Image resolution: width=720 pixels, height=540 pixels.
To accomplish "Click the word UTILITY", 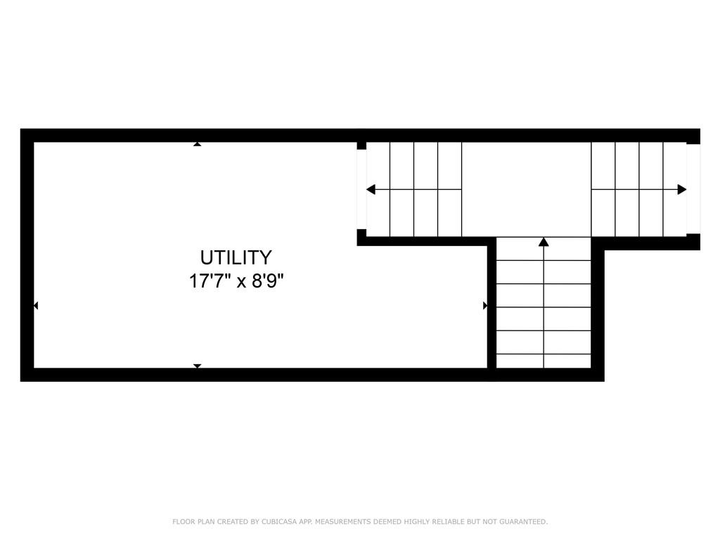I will (236, 257).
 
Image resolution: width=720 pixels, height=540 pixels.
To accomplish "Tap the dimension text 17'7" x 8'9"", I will (236, 281).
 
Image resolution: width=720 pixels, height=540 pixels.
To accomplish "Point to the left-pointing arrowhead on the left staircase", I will (371, 189).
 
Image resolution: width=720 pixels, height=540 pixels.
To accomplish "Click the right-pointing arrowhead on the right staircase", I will (681, 189).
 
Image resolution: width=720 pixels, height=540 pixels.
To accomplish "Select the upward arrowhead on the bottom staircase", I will (544, 242).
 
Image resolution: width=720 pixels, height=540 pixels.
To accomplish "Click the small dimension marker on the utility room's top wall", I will (198, 144).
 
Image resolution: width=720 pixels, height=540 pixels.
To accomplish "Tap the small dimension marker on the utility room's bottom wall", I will (198, 366).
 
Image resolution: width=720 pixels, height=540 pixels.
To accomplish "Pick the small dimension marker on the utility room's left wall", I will (36, 305).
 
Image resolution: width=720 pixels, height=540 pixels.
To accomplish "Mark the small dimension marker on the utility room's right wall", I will (484, 305).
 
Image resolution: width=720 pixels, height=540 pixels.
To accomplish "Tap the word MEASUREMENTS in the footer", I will (342, 522).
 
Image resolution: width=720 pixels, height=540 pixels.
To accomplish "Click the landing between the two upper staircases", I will (526, 189).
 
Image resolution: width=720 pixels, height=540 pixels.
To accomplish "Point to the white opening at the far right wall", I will (693, 189).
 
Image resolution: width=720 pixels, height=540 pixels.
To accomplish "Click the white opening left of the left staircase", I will (361, 189).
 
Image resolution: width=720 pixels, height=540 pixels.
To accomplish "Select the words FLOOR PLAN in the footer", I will (191, 522).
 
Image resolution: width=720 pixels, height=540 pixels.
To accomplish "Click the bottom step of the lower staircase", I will (544, 361).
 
